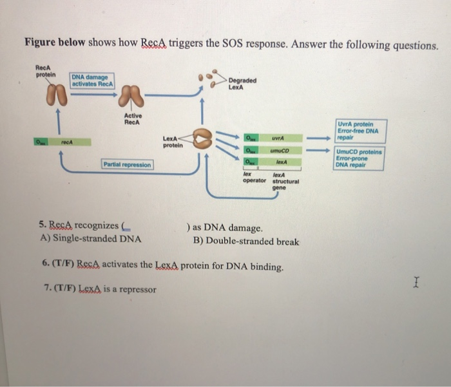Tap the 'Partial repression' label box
pos(127,165)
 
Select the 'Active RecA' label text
pos(133,118)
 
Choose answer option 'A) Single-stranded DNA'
pos(91,241)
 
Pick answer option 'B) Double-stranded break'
pos(245,242)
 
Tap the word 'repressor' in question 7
pos(135,290)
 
